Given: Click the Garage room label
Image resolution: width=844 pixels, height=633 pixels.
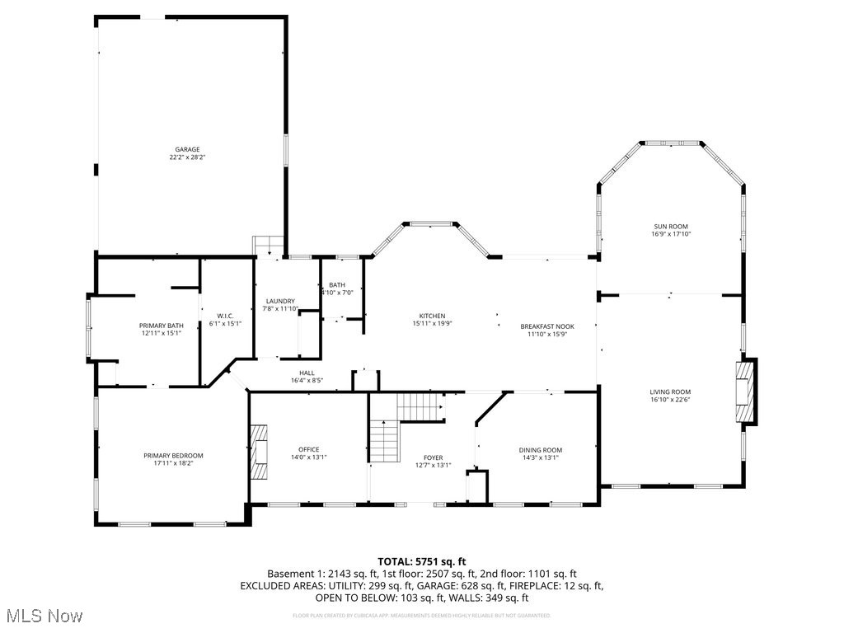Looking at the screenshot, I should click(187, 149).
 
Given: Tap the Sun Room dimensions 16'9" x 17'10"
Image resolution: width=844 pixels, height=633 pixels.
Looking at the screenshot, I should click(670, 234).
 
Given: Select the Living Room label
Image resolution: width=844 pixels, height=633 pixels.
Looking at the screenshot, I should click(670, 392).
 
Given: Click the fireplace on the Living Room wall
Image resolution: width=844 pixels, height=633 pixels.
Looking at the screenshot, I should click(745, 392).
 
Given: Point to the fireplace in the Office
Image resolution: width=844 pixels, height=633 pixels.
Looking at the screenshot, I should click(260, 452).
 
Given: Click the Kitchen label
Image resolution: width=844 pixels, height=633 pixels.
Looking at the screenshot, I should click(432, 316).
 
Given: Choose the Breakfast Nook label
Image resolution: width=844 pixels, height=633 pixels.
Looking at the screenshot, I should click(547, 326).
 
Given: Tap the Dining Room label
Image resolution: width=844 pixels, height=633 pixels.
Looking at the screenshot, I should click(541, 450).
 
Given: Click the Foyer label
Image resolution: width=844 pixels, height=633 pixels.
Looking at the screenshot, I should click(433, 457).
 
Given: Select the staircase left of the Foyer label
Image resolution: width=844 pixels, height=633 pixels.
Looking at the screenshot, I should click(384, 441).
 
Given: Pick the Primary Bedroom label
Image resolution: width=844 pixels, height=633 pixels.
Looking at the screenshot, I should click(173, 456).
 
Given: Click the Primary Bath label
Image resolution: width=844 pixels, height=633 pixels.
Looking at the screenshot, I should click(160, 326).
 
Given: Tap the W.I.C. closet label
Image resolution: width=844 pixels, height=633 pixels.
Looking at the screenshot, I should click(225, 316).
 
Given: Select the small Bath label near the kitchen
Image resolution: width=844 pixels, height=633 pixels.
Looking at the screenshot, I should click(337, 284).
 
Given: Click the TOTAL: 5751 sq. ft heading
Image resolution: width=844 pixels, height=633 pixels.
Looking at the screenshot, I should click(421, 560).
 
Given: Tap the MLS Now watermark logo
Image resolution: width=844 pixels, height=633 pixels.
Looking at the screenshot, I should click(43, 616).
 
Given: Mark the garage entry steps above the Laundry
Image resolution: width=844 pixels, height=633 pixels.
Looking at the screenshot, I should click(269, 246).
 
